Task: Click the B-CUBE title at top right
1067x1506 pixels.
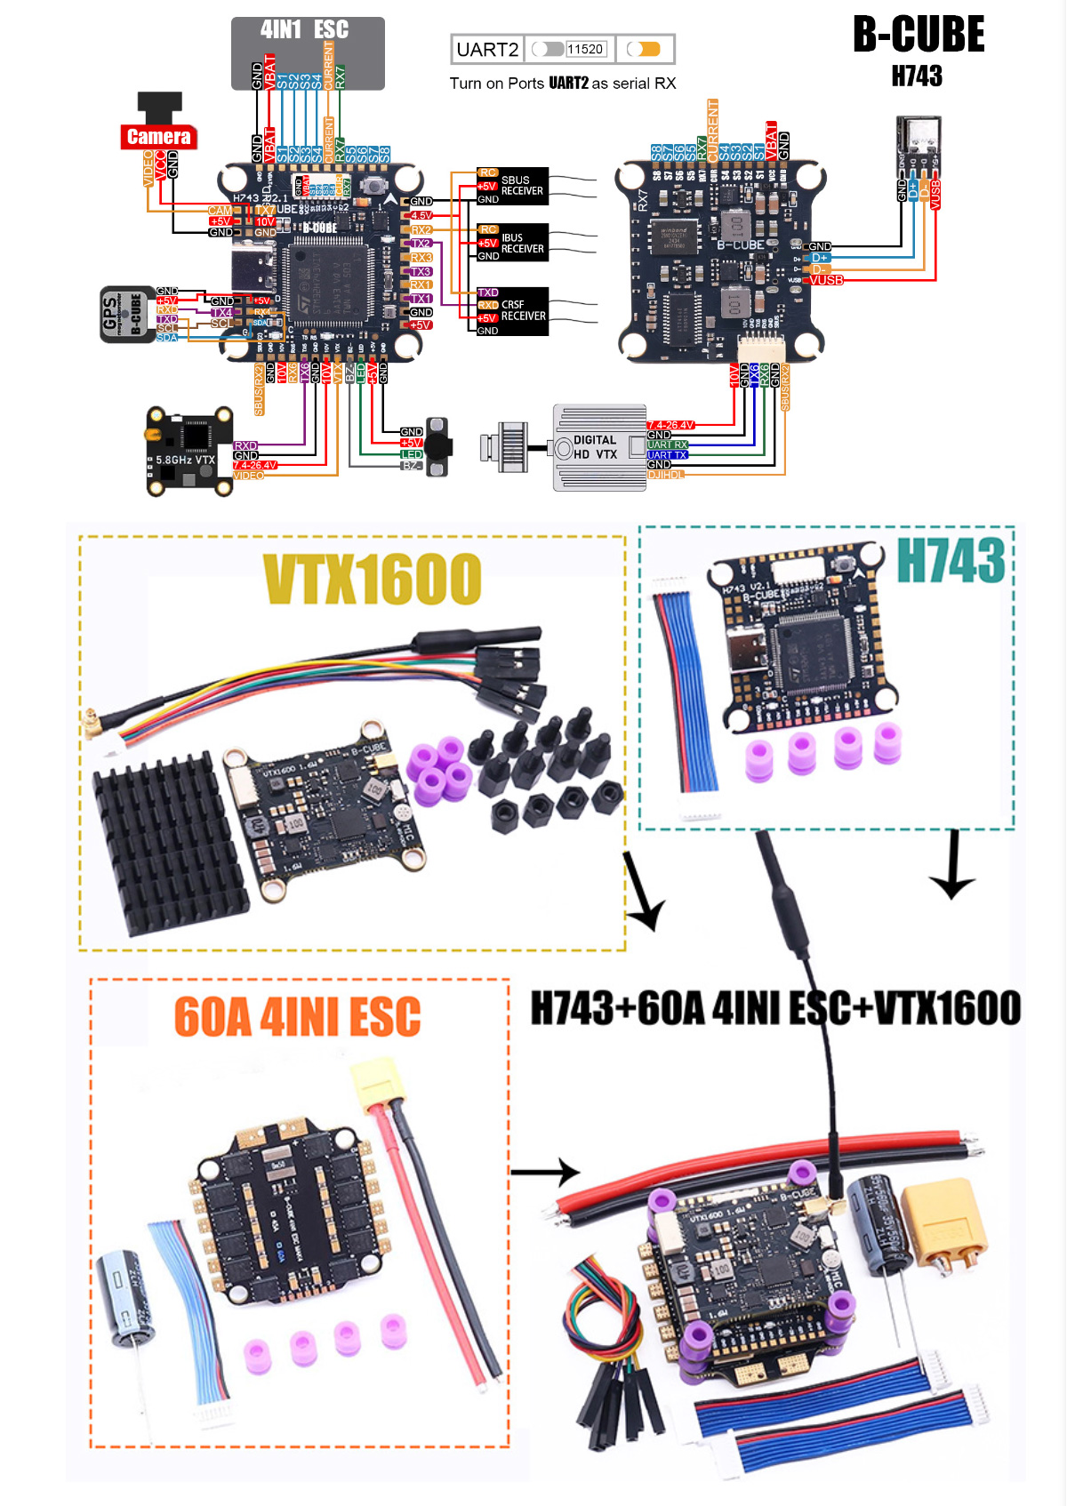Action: point(919,36)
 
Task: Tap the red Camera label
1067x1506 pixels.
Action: point(158,137)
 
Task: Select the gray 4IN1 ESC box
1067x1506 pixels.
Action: point(308,52)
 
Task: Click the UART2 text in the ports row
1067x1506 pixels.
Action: point(487,50)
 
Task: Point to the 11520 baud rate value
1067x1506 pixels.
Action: point(585,50)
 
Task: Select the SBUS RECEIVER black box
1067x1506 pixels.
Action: point(511,186)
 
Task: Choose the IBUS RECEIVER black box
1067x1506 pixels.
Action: point(511,243)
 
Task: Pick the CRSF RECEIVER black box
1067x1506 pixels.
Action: point(511,311)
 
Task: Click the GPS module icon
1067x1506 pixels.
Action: point(124,314)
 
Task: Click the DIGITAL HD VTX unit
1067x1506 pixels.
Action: point(598,447)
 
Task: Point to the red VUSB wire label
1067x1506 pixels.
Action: point(826,281)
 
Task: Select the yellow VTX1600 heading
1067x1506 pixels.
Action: point(373,579)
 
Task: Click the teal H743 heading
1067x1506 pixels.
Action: point(951,560)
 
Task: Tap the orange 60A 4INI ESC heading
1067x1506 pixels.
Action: point(297,1017)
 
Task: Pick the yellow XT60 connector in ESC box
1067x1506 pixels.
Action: point(379,1085)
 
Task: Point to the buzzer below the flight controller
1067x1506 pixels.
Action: point(437,446)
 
